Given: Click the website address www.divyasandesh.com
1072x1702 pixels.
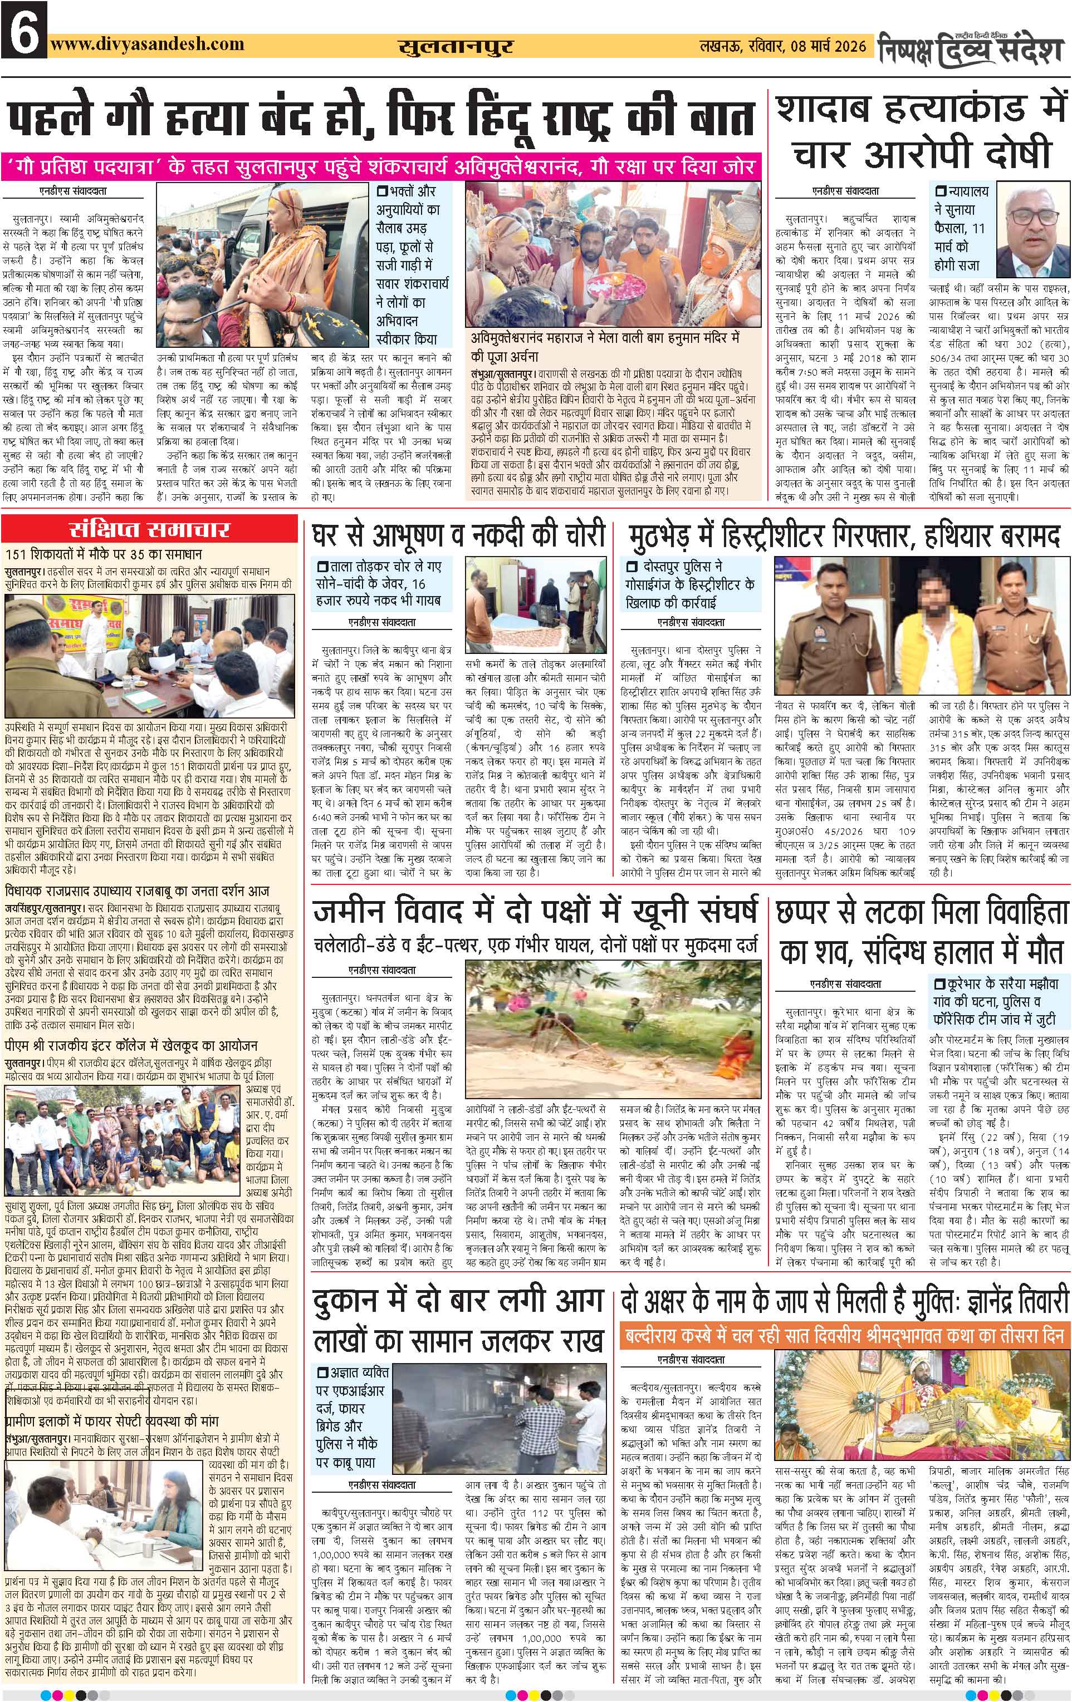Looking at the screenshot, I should (147, 44).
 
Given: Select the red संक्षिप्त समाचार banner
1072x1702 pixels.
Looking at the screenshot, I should (149, 529).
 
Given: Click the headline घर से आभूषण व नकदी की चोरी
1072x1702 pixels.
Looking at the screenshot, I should (458, 535).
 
